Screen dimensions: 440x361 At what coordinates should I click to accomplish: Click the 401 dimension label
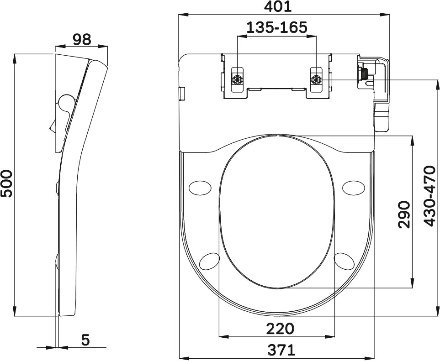278,6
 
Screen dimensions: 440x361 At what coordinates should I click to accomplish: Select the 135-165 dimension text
277,27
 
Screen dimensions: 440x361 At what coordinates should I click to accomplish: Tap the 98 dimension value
82,40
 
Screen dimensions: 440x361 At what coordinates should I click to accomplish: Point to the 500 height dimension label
7,183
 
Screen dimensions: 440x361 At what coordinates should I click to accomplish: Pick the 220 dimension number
280,329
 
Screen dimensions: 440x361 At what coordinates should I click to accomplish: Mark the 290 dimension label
404,214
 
